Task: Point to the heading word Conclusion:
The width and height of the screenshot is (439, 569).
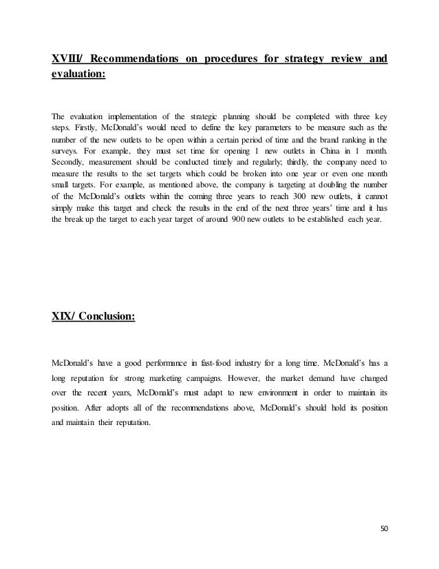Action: pyautogui.click(x=108, y=317)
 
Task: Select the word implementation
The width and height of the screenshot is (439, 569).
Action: pyautogui.click(x=138, y=117)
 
